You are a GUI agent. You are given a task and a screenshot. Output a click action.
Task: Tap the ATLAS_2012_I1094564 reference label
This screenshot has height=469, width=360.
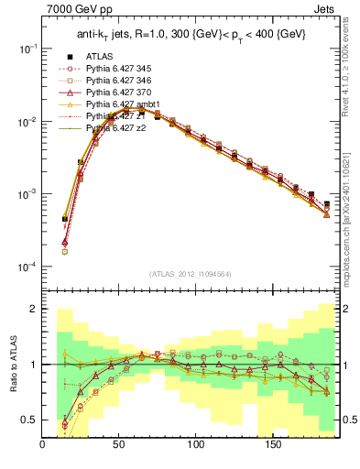coord(191,273)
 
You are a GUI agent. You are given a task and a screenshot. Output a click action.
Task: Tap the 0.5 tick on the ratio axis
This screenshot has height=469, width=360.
coord(28,420)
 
